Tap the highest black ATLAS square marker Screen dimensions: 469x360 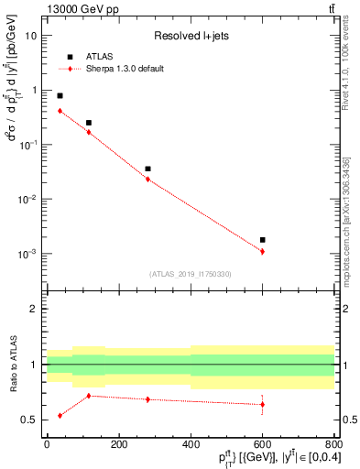[x=60, y=95]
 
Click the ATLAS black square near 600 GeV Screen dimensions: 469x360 [x=262, y=240]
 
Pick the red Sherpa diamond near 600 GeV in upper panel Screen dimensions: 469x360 [x=262, y=251]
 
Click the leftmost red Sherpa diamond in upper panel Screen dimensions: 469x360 [x=60, y=111]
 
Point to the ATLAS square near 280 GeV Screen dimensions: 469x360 [x=147, y=169]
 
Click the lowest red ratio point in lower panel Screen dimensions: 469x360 [x=60, y=415]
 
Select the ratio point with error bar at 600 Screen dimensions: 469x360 [x=262, y=404]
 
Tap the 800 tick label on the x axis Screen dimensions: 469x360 [x=334, y=444]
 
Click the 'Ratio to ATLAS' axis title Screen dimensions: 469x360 [x=13, y=365]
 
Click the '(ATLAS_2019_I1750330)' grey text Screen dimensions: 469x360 [x=190, y=274]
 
